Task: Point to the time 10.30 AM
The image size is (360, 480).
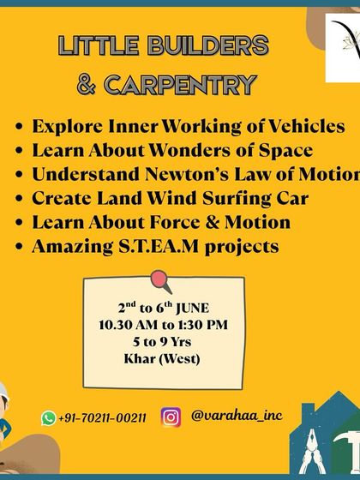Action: point(125,325)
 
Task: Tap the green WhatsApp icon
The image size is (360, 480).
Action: point(49,418)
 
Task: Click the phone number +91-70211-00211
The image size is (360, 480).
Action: point(103,418)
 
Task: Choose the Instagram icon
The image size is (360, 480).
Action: point(171,417)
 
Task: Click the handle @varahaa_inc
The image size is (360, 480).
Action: point(237,416)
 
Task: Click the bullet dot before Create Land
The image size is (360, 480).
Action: point(19,199)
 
